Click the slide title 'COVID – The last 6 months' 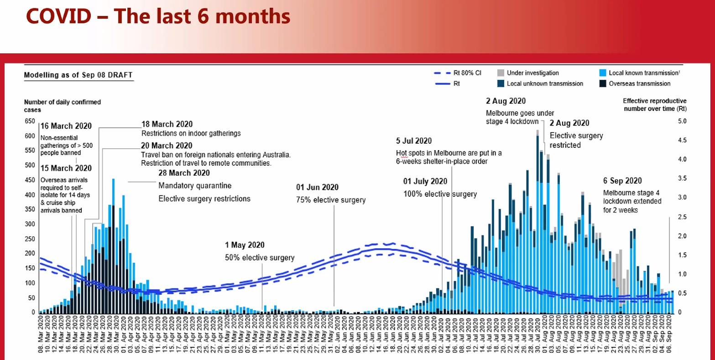tap(158, 16)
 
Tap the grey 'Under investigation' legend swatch tap(500, 73)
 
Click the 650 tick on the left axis tap(30, 121)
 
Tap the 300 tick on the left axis tap(30, 224)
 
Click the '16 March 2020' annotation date tap(66, 126)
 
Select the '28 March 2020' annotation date tap(184, 173)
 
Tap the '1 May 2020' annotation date tap(245, 245)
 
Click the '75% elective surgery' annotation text tap(330, 200)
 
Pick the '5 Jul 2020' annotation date tap(414, 141)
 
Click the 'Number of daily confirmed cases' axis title tap(63, 105)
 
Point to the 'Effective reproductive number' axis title tap(654, 104)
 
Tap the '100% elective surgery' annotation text tap(440, 194)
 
